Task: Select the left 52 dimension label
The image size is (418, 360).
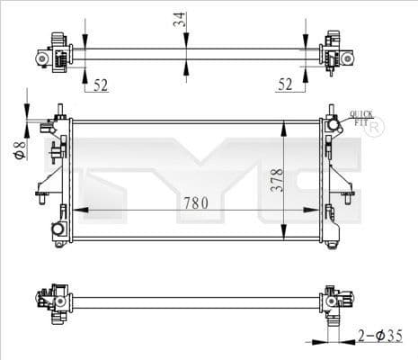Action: [x=101, y=85]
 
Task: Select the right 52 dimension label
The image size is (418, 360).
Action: [x=286, y=85]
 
